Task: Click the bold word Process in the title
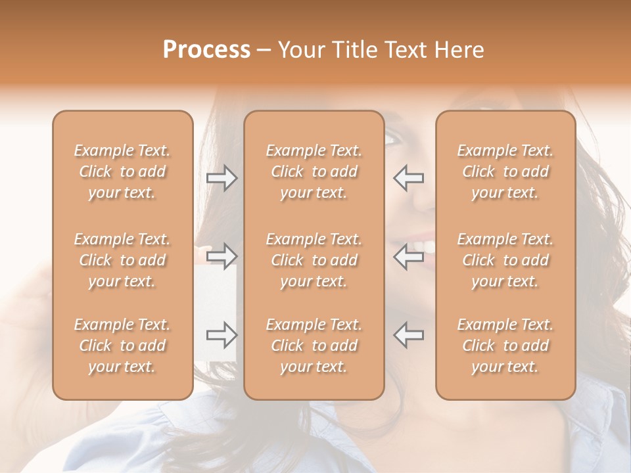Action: coord(206,50)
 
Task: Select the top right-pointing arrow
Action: coord(222,178)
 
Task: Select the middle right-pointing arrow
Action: coord(222,256)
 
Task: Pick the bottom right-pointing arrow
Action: coord(222,335)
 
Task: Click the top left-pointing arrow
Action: coord(408,178)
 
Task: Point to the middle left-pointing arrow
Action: coord(408,256)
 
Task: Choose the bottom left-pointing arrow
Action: coord(408,335)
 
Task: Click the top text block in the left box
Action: coord(122,171)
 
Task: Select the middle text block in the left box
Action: coord(122,260)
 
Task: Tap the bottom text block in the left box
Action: coord(122,346)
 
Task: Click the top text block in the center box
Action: coord(314,171)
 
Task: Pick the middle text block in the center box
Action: coord(314,260)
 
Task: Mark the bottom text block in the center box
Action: coord(314,346)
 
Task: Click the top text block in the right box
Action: coord(505,171)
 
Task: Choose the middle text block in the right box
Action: coord(505,260)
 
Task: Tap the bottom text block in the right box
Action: coord(505,346)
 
